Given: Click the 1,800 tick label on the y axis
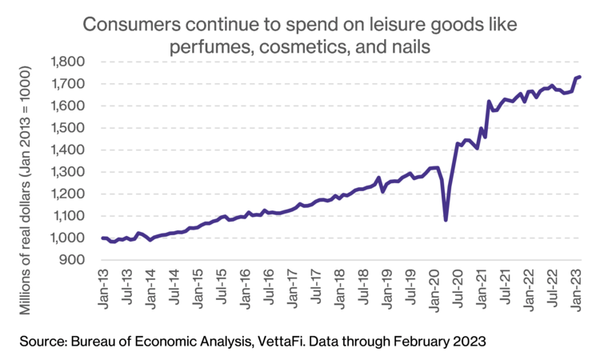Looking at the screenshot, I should [x=68, y=62].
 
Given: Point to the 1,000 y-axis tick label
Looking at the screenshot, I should [x=68, y=238].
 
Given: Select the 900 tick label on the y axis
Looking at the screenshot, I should [x=73, y=260].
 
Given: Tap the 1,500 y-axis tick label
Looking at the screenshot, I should [x=68, y=128].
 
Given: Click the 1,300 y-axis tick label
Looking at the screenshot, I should [x=68, y=172].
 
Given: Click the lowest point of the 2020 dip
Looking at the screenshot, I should [x=446, y=220].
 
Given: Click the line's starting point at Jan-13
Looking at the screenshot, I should [x=102, y=238].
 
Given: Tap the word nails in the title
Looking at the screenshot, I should [x=410, y=47].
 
